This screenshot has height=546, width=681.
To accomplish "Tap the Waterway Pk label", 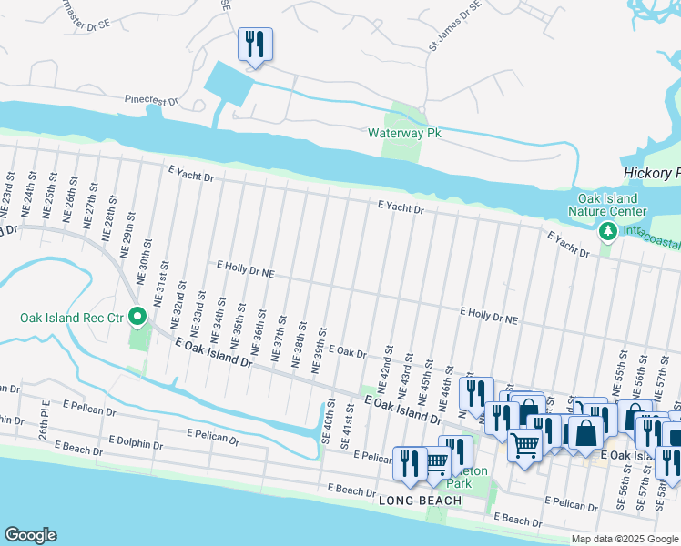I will tap(403, 133).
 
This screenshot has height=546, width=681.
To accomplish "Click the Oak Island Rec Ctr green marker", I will tap(138, 317).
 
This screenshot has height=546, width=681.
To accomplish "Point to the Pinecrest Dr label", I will tap(151, 100).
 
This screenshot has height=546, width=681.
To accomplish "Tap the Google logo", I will tap(30, 535).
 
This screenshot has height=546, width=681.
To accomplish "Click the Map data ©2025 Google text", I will tap(625, 539).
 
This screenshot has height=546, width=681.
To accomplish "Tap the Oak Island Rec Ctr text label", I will tap(72, 318).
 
